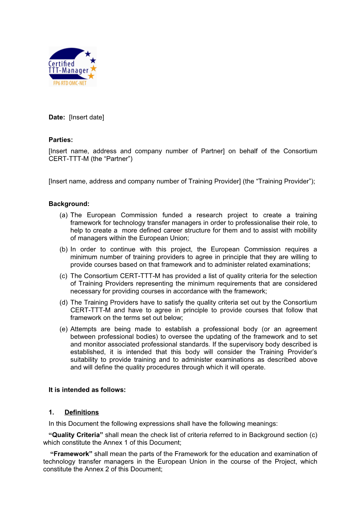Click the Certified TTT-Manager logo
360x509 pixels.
click(72, 67)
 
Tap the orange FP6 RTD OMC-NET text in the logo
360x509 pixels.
click(70, 83)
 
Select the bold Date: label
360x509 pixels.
click(57, 117)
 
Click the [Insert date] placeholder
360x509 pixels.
click(86, 117)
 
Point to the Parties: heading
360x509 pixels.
click(61, 140)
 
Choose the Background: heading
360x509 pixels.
click(69, 204)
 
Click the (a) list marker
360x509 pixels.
click(64, 215)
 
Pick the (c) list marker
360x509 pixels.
click(64, 276)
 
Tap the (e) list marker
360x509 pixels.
click(64, 329)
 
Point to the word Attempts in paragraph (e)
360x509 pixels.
click(83, 329)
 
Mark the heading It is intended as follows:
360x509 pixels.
click(87, 390)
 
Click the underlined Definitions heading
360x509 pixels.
click(82, 412)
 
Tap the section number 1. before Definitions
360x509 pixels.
click(52, 412)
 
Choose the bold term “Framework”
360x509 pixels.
click(71, 454)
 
